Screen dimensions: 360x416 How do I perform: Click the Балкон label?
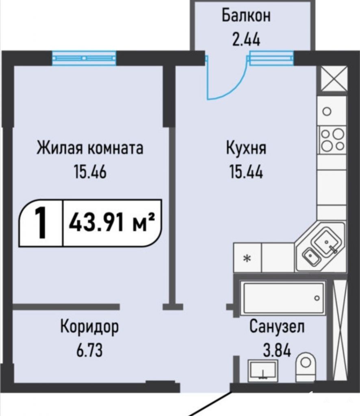tap(246, 15)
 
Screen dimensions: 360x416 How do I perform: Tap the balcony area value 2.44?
tap(246, 40)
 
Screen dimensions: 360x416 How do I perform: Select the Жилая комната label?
tap(90, 148)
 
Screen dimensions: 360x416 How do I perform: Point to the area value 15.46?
tap(90, 172)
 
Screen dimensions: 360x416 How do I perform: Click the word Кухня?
tap(246, 148)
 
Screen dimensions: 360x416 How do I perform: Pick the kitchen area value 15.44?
tap(246, 172)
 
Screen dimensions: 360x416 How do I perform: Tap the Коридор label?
tap(90, 327)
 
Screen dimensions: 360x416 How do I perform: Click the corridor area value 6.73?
tap(90, 351)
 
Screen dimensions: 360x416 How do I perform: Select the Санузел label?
tap(277, 327)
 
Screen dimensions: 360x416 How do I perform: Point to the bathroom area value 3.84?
tap(277, 350)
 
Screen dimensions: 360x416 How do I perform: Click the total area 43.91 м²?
tap(111, 223)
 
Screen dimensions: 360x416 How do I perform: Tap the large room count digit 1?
tap(41, 223)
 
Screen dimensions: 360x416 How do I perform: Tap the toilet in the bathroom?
tap(306, 367)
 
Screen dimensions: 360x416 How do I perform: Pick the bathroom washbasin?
tap(263, 371)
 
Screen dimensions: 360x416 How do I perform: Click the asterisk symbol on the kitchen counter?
tap(247, 258)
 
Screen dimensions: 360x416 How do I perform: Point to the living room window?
tap(84, 58)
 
